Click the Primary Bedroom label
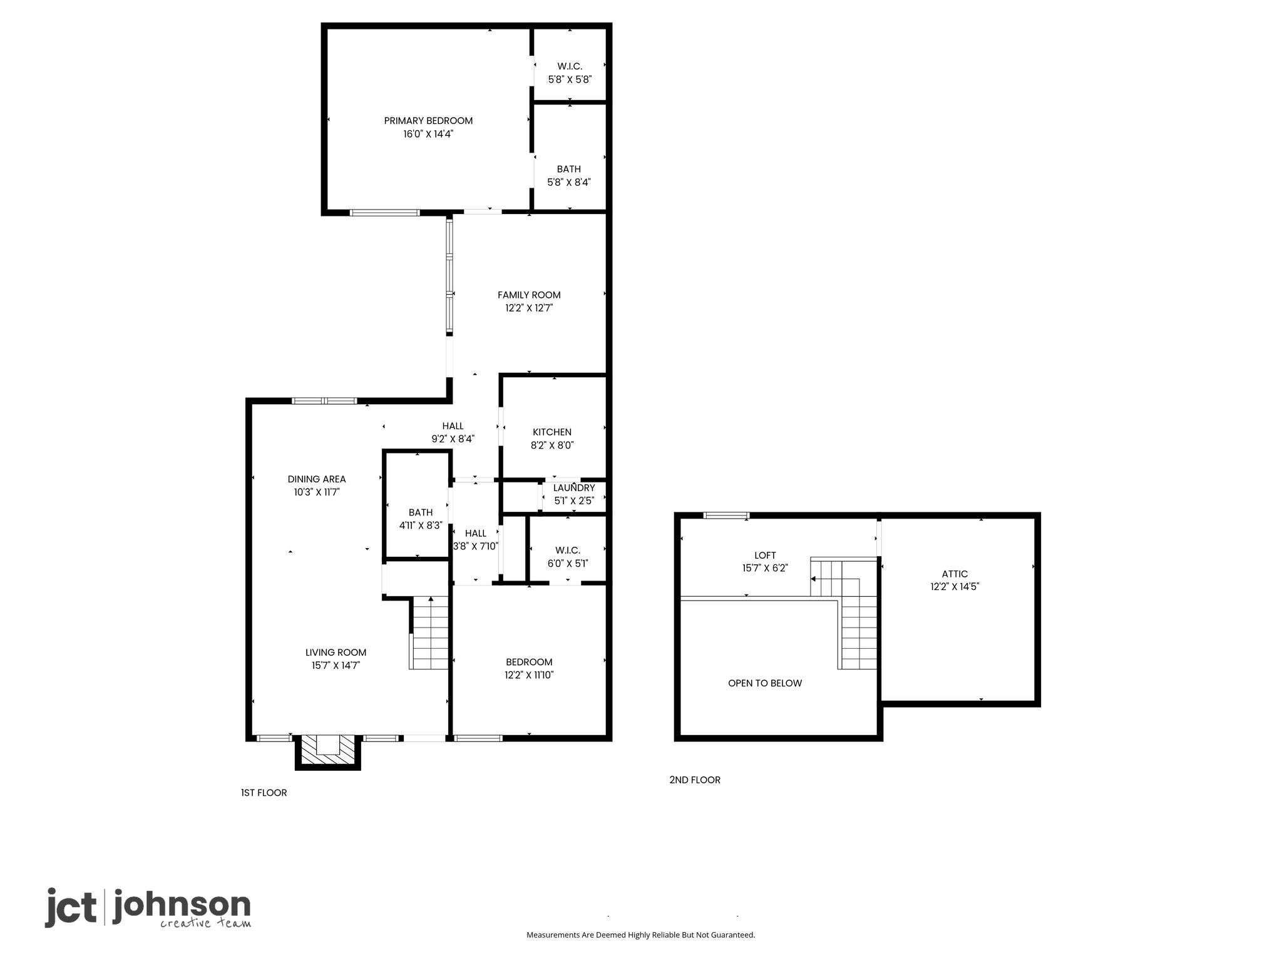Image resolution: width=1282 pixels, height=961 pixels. coord(428,121)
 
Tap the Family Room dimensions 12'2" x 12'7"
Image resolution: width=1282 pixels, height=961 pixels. coord(529,308)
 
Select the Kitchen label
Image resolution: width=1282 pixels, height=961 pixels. coord(551,432)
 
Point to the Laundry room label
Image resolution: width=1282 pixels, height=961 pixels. coord(574,488)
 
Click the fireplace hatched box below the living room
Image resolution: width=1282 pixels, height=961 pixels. coord(327,750)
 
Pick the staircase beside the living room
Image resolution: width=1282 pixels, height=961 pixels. coord(430,633)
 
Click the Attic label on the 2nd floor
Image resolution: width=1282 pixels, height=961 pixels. coord(955,574)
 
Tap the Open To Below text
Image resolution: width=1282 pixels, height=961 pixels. coord(764,683)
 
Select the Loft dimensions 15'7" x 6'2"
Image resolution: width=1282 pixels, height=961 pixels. coord(764,568)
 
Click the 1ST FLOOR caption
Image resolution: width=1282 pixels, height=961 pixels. coord(264,793)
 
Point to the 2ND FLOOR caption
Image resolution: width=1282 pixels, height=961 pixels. coord(694,780)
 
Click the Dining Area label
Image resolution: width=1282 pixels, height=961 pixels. coord(317,479)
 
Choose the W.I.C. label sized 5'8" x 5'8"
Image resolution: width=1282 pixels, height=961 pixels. coord(570,66)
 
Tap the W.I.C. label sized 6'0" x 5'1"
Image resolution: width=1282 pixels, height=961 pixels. coord(568,550)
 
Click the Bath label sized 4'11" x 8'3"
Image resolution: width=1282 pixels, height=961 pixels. coord(421,512)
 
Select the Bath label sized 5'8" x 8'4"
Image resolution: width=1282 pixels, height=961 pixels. coord(568,169)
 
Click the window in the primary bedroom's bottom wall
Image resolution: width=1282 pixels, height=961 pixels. coord(384,213)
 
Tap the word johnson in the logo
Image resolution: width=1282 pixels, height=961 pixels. coord(182,906)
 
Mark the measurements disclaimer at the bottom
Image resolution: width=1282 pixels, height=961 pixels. coord(640,935)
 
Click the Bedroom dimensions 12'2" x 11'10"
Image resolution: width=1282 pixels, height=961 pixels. coord(529,675)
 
